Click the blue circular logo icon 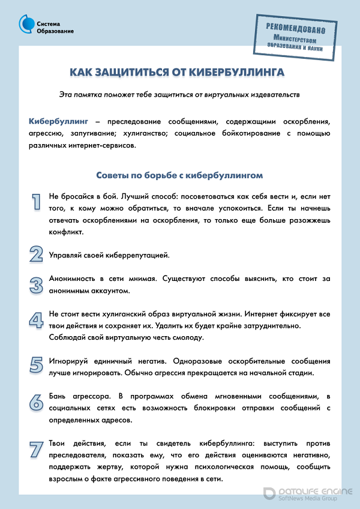click(x=26, y=24)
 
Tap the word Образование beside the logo click(x=55, y=31)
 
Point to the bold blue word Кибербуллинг click(x=58, y=121)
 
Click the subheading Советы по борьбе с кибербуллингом click(x=179, y=175)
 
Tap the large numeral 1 click(x=36, y=202)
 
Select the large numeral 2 click(x=36, y=254)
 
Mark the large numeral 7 click(x=36, y=449)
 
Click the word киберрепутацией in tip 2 click(x=140, y=255)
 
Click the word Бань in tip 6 click(x=58, y=397)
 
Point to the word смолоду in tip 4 click(x=187, y=337)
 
